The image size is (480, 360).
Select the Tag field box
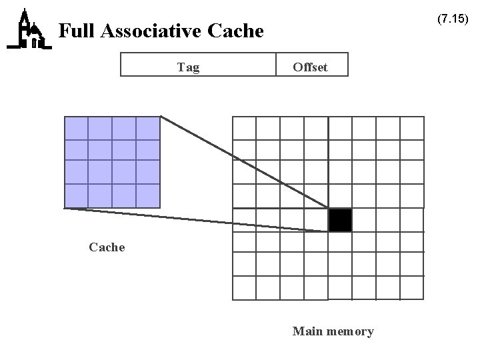(x=198, y=65)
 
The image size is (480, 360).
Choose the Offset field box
(x=311, y=65)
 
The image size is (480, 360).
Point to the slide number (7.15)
(x=453, y=19)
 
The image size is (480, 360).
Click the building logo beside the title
(x=28, y=30)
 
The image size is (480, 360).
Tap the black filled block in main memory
(x=340, y=220)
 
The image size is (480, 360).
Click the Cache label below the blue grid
(x=107, y=247)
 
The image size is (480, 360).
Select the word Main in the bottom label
(x=307, y=331)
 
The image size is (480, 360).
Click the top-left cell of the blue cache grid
(x=76, y=128)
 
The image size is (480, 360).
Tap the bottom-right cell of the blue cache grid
(x=148, y=196)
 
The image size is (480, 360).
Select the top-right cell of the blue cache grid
(x=148, y=128)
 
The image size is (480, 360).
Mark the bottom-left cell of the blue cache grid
(x=76, y=196)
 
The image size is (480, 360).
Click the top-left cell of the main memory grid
(x=244, y=128)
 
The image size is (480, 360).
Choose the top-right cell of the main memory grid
(x=412, y=128)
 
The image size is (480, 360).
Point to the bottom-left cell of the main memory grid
(x=244, y=288)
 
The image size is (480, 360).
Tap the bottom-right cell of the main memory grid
(x=412, y=288)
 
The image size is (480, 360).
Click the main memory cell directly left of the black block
(x=316, y=220)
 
